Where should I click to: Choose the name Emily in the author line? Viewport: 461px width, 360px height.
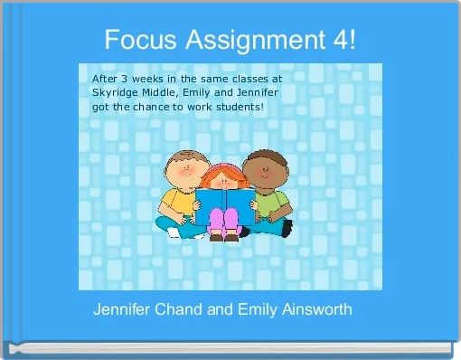[260, 310]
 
